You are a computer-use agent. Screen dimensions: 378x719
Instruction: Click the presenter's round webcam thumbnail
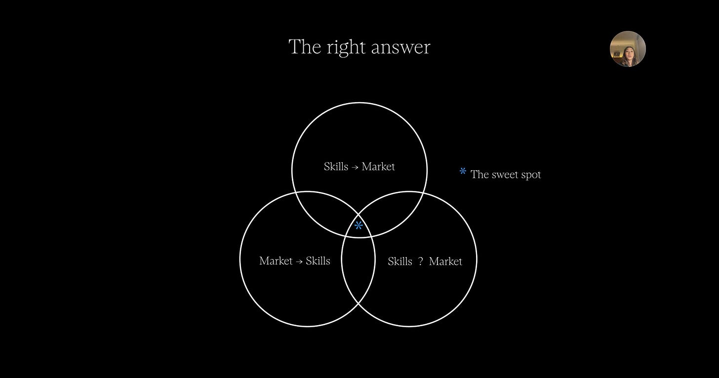(628, 49)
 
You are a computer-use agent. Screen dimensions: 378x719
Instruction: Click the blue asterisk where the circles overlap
(359, 226)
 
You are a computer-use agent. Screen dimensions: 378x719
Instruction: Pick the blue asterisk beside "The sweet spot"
(463, 172)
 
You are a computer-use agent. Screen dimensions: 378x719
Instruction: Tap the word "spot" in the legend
(531, 175)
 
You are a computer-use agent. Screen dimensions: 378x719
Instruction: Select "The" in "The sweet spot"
(479, 175)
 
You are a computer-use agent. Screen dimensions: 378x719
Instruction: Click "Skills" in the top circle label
(336, 167)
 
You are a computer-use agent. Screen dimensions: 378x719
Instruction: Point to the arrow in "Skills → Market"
(355, 167)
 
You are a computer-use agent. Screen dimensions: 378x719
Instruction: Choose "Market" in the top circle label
(378, 167)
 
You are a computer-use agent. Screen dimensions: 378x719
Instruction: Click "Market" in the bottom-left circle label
(276, 261)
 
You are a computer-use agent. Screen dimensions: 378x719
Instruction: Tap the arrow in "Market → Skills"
(299, 261)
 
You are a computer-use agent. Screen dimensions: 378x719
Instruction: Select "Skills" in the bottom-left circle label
(318, 261)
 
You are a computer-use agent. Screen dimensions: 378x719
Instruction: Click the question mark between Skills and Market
(420, 262)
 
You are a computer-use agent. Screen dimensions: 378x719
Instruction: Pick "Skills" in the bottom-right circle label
(400, 262)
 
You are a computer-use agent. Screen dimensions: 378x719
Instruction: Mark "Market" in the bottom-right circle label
(445, 262)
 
